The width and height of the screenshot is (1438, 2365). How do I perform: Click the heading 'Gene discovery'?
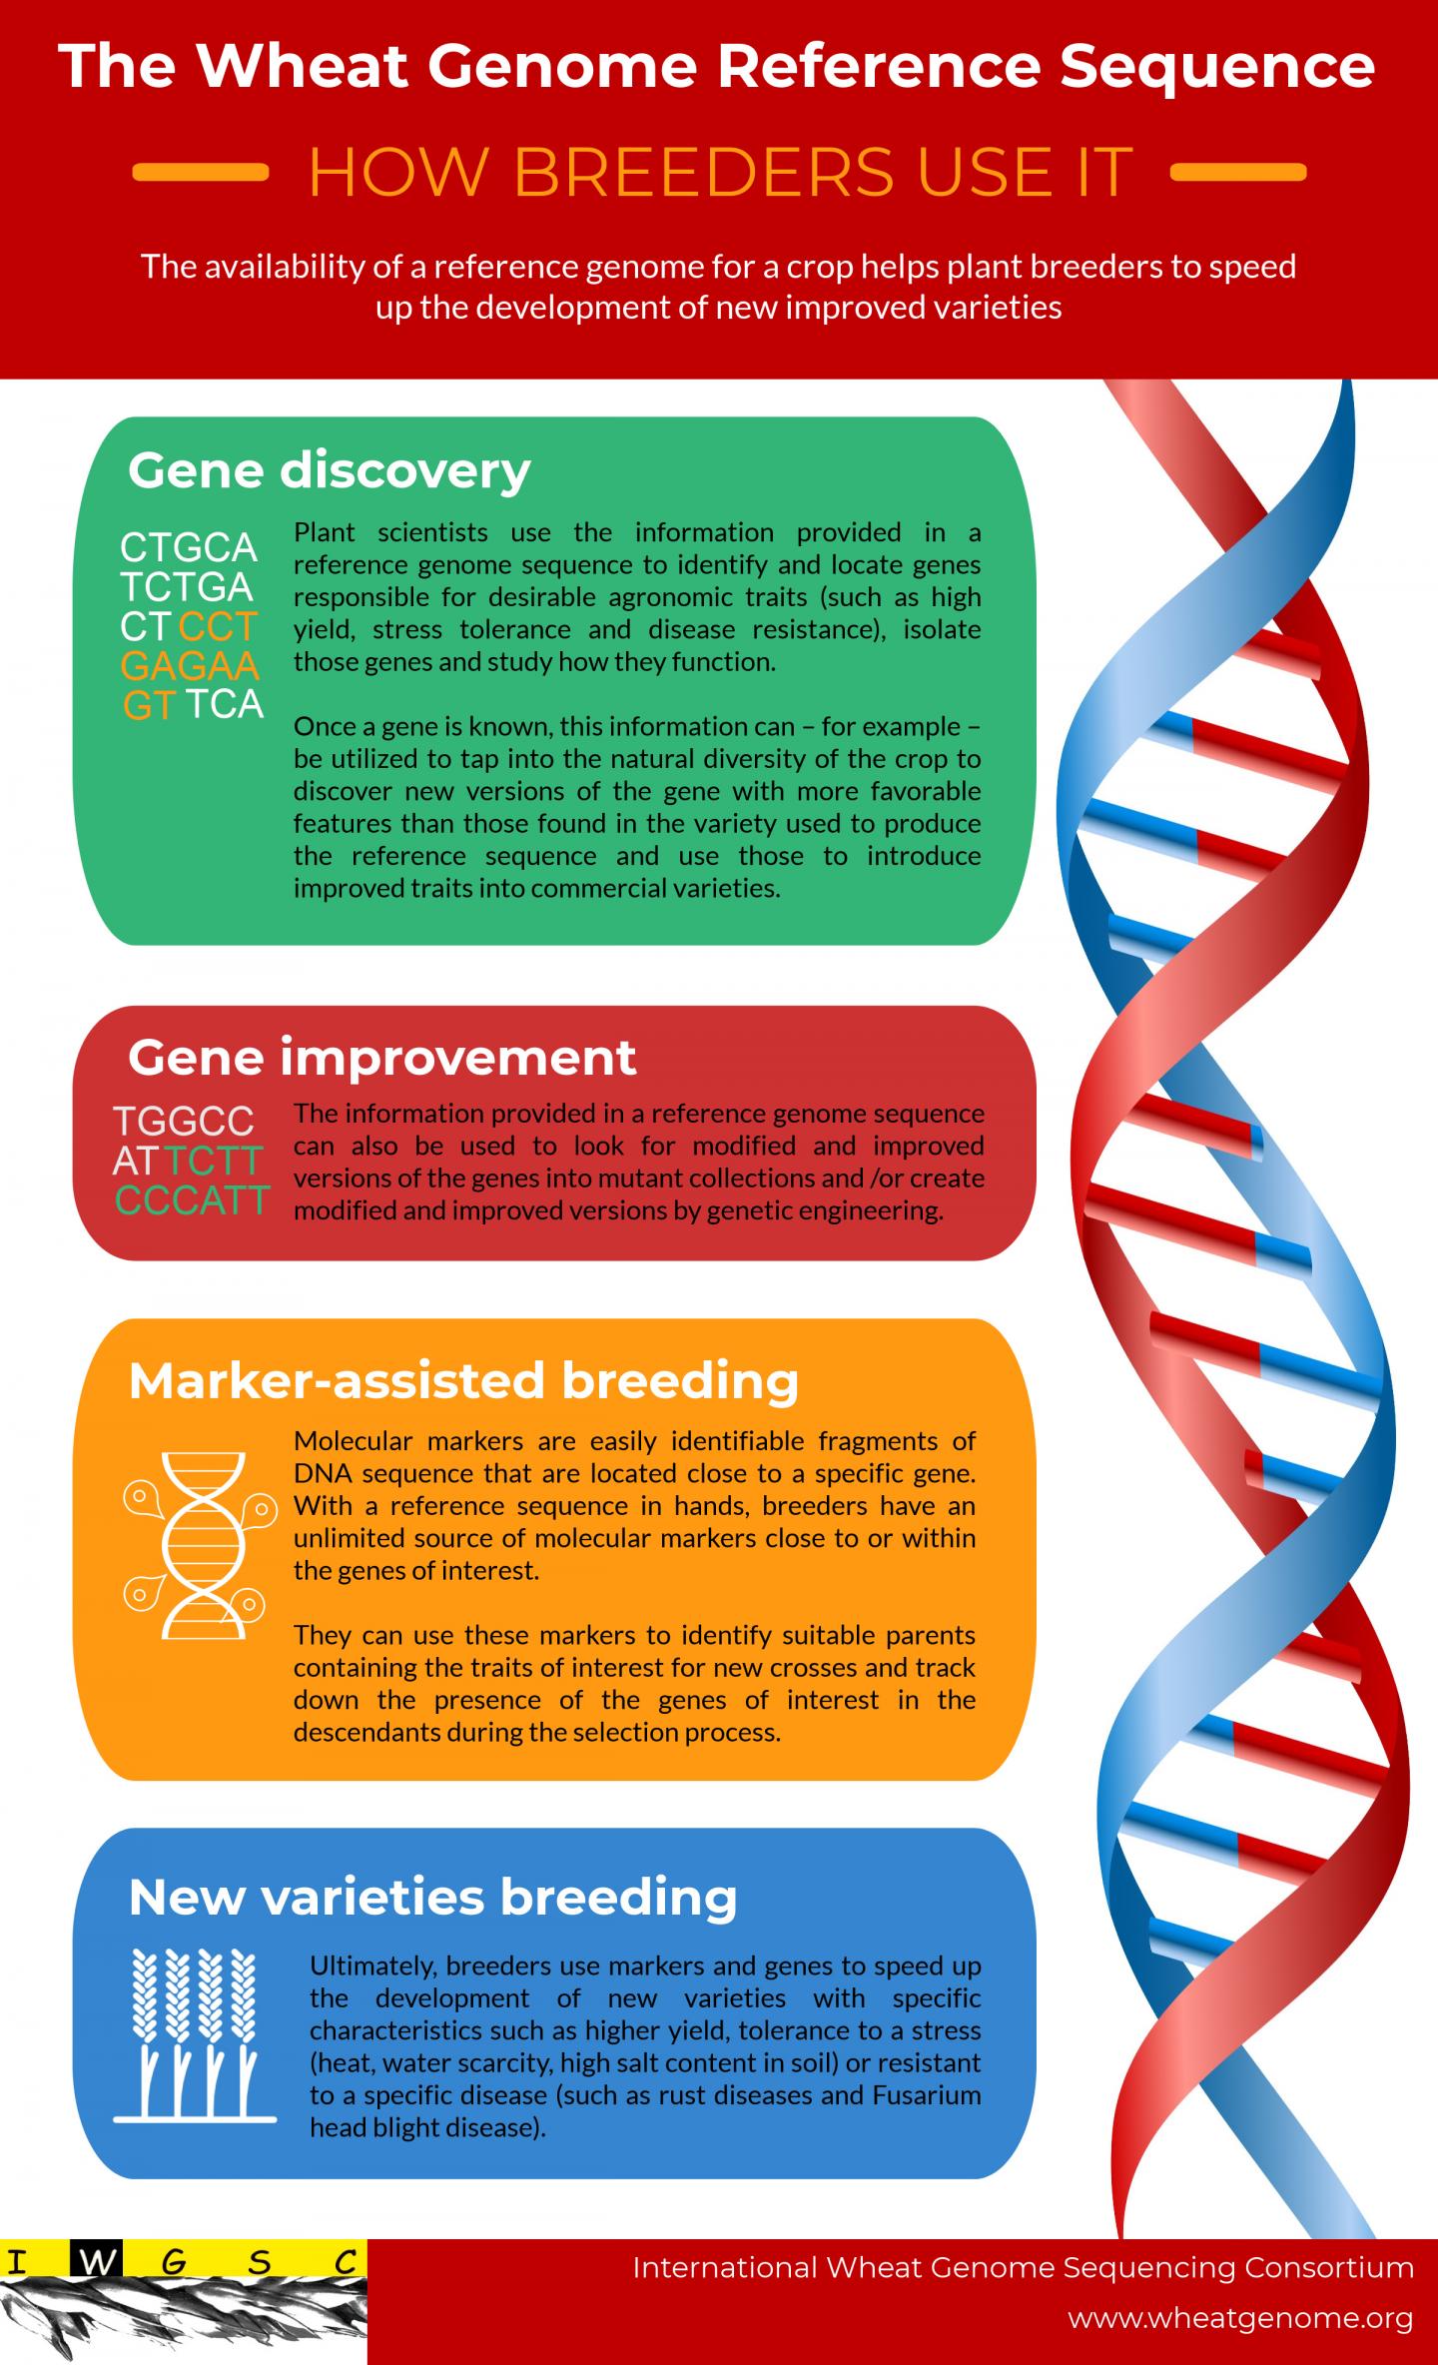329,470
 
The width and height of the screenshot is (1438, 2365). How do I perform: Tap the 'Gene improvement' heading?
381,1058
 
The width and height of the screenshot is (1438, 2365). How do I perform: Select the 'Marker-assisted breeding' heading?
463,1380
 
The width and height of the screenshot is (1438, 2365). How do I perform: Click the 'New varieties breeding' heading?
432,1898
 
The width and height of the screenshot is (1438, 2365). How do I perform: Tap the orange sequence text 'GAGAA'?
190,665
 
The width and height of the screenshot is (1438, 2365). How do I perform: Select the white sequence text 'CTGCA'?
189,547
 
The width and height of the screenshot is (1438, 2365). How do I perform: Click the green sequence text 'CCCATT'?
193,1199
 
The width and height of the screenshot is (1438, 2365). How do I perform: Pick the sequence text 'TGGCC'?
184,1122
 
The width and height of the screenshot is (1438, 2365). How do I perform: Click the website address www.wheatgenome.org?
1240,2318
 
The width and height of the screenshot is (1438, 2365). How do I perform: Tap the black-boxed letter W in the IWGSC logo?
96,2263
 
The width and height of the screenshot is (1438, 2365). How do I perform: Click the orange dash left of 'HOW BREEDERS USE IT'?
200,173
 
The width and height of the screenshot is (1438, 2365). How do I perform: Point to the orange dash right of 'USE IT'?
1238,173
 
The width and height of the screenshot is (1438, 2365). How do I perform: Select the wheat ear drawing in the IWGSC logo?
180,2317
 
